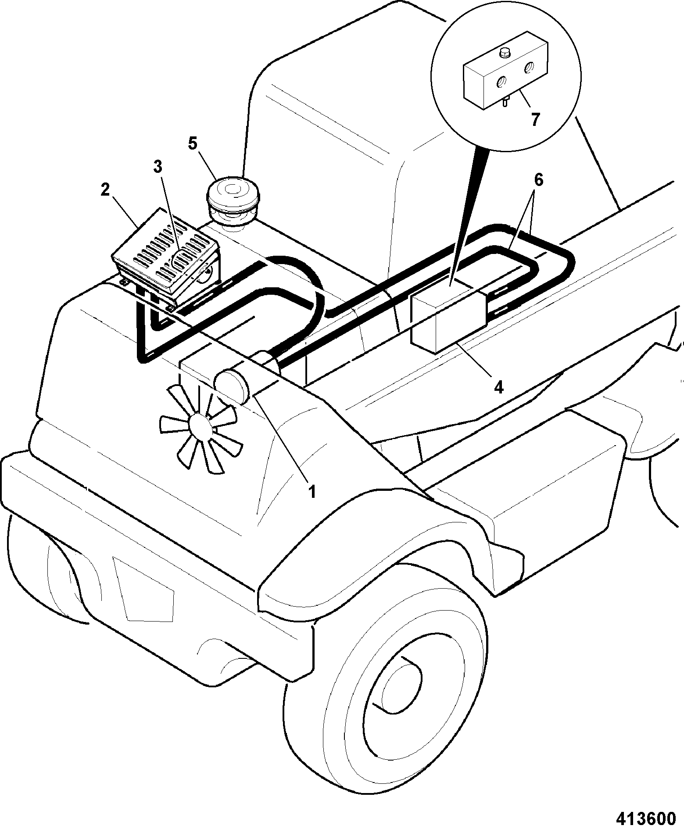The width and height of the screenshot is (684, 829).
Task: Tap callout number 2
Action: click(x=104, y=191)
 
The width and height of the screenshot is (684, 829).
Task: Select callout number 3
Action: click(x=158, y=166)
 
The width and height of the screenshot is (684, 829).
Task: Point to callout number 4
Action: click(x=498, y=387)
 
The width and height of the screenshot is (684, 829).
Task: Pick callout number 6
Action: click(x=538, y=180)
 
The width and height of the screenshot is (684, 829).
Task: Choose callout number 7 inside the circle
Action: click(x=534, y=119)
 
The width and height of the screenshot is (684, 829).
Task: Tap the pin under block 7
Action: click(x=505, y=102)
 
